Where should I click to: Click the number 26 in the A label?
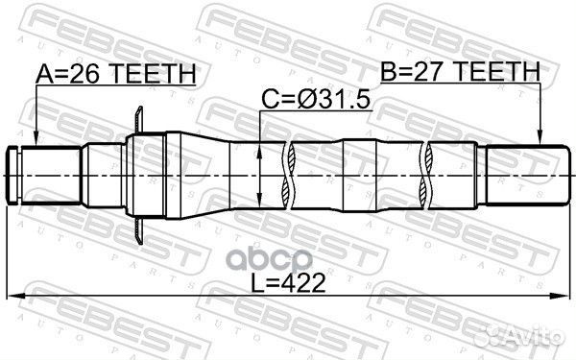click(85, 73)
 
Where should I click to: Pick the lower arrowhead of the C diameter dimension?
click(262, 204)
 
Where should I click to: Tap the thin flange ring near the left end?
click(140, 173)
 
